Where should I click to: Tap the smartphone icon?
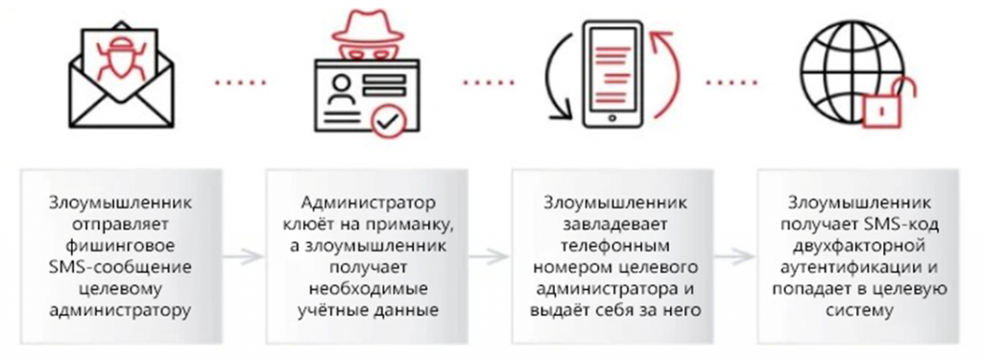coord(611,77)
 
